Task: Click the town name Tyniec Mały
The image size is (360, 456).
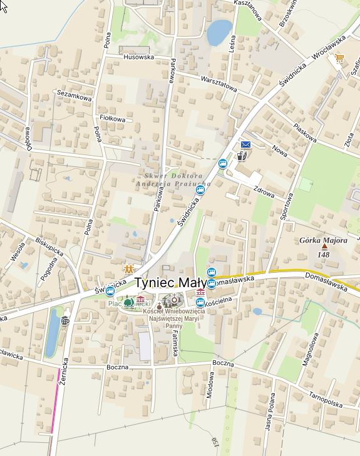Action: [170, 283]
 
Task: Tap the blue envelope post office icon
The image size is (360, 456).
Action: [245, 145]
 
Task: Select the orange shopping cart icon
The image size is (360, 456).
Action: [339, 58]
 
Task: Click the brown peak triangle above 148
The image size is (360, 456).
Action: [324, 247]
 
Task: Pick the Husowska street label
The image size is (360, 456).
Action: [139, 57]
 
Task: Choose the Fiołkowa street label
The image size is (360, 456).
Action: [113, 118]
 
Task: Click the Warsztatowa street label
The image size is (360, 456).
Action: [219, 84]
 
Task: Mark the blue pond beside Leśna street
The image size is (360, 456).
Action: [219, 32]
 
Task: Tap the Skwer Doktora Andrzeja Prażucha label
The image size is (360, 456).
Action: [173, 180]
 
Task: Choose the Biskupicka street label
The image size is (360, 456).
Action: [49, 246]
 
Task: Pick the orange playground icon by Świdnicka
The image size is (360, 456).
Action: [129, 269]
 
